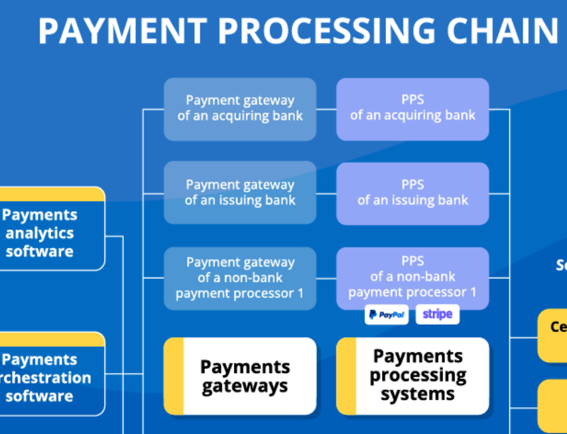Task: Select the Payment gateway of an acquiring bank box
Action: point(240,109)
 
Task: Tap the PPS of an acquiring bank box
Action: point(412,109)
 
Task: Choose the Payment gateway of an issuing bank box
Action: point(240,193)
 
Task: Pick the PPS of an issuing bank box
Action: point(412,193)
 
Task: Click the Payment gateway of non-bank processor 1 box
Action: point(240,278)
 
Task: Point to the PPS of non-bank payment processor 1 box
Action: point(412,276)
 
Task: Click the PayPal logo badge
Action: point(387,315)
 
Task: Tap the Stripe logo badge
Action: point(437,315)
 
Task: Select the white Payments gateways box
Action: point(245,376)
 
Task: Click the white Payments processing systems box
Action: point(418,376)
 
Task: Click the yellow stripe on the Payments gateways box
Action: point(174,376)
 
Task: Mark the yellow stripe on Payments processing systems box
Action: point(346,376)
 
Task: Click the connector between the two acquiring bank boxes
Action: point(326,109)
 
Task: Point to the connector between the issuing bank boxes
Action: point(326,193)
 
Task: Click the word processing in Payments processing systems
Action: point(418,376)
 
